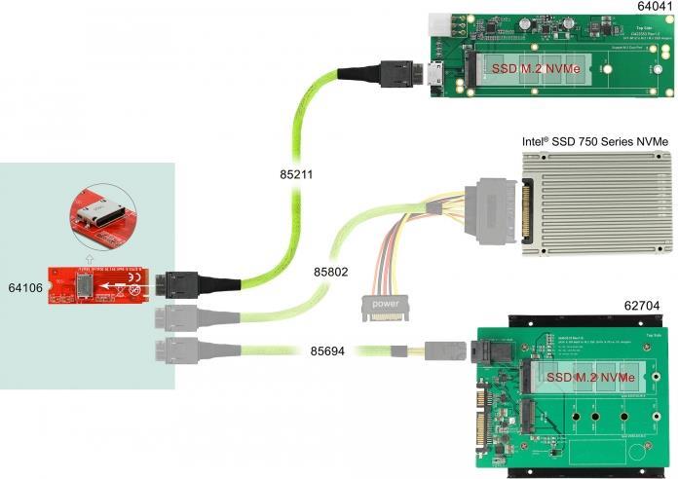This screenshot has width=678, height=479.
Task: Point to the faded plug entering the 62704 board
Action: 442,350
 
